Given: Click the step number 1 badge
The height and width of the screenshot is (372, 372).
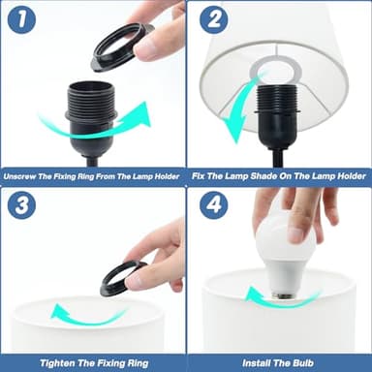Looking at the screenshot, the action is (21, 19).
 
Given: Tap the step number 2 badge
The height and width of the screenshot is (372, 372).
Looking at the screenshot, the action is (214, 19).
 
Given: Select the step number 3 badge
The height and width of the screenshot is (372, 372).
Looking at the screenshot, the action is (21, 205).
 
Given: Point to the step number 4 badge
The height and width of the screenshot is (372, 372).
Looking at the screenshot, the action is (214, 205).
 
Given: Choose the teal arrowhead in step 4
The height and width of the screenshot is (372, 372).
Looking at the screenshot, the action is (253, 294).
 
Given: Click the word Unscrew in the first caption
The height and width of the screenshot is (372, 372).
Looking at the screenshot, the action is (19, 176).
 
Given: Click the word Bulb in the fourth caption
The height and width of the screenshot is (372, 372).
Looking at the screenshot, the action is (303, 363).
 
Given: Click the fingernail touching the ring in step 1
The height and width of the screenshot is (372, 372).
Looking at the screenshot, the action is (144, 46).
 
